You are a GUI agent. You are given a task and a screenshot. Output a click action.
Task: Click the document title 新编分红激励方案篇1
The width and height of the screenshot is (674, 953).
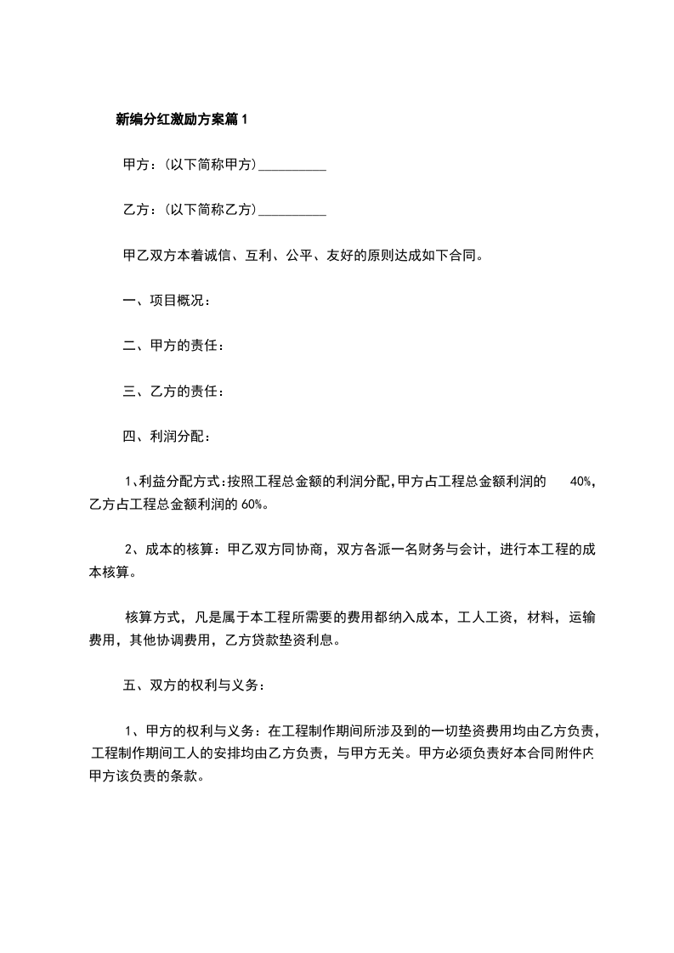[181, 120]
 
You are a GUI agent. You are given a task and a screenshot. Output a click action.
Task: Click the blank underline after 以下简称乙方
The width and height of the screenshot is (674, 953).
[292, 210]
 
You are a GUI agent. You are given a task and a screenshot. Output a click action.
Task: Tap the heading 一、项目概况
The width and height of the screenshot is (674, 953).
[167, 300]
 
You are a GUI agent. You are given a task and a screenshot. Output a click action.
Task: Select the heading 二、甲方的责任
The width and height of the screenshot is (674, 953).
[173, 346]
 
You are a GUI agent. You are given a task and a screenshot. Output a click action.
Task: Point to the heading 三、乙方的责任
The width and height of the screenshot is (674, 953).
[173, 392]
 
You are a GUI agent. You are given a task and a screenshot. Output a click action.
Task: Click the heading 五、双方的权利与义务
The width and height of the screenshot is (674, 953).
[195, 684]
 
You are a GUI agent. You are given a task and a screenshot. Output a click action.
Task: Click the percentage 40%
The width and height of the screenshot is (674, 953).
[582, 482]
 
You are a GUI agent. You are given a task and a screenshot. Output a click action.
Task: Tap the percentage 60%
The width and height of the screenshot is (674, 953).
[253, 504]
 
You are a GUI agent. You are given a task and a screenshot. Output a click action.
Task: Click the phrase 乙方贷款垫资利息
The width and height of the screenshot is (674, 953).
[280, 640]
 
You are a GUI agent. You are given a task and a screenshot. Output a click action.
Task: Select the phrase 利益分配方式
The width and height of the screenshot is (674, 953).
[177, 482]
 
